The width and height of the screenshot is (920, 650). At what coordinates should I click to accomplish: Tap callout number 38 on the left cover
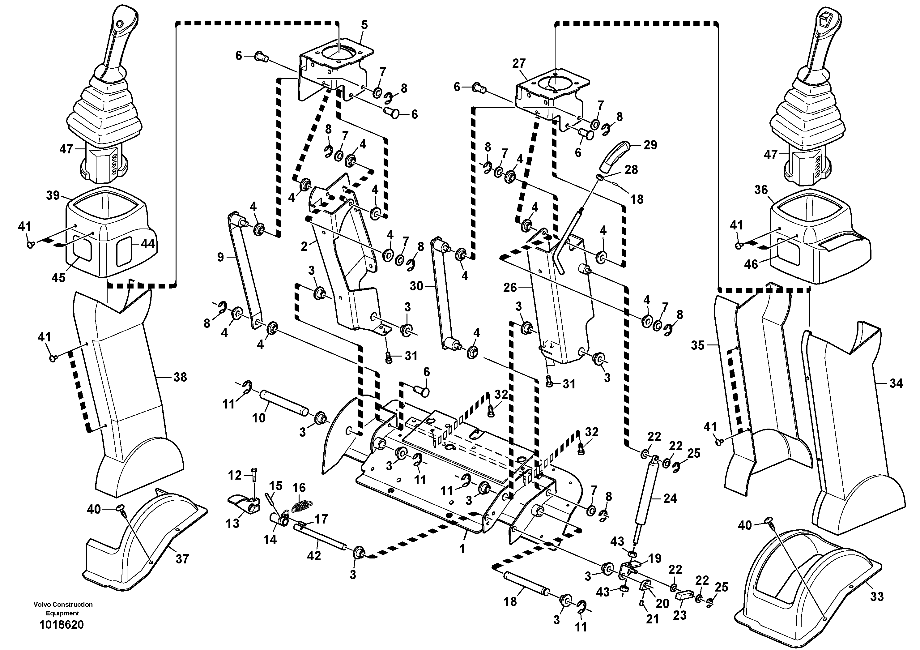pyautogui.click(x=180, y=377)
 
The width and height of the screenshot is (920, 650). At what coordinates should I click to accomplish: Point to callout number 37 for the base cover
pyautogui.click(x=182, y=559)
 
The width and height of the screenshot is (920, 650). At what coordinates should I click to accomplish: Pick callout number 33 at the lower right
pyautogui.click(x=877, y=597)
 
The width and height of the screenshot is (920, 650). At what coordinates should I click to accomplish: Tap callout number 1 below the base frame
pyautogui.click(x=462, y=549)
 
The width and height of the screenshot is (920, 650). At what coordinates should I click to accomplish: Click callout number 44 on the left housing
pyautogui.click(x=147, y=244)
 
